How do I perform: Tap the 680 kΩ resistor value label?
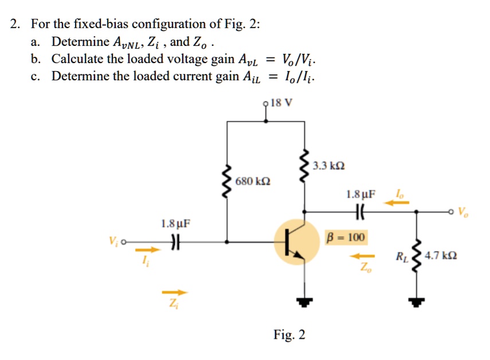point(253,182)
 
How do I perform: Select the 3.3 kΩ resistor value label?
point(329,166)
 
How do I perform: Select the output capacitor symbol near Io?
point(360,211)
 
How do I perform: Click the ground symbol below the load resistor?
point(417,300)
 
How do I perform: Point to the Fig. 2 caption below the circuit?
point(289,335)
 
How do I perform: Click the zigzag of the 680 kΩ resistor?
point(228,181)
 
